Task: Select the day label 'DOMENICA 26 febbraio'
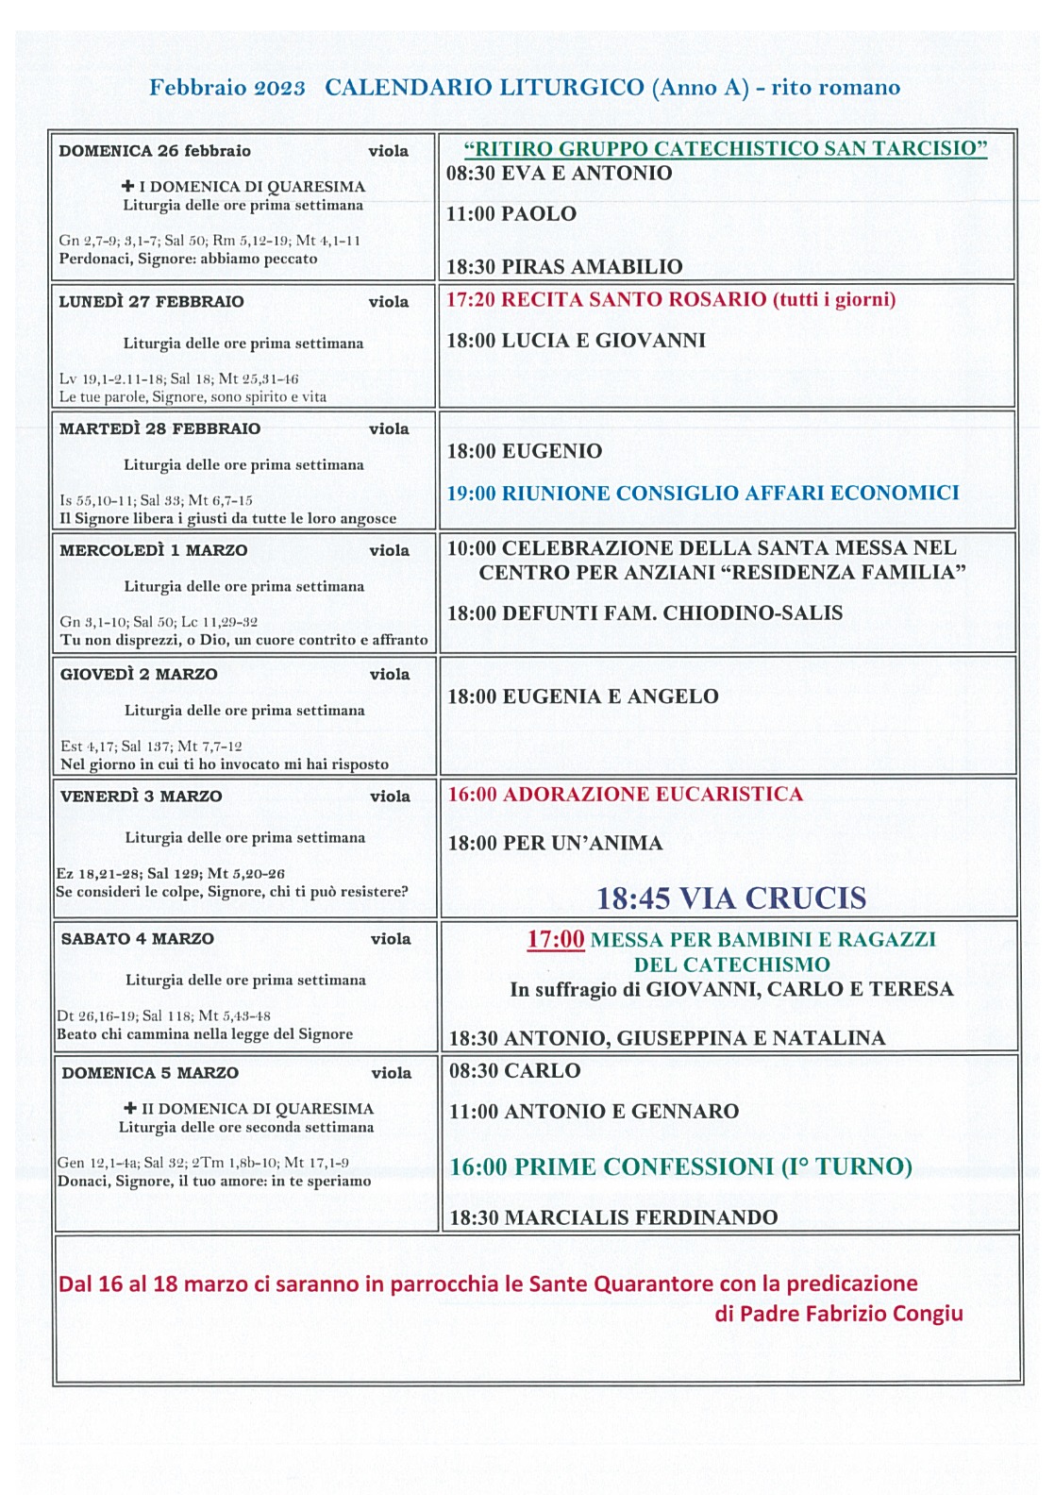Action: click(155, 151)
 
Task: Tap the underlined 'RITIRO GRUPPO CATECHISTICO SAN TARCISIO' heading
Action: click(725, 149)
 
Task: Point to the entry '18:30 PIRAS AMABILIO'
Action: click(564, 266)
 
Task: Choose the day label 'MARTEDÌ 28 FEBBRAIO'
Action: click(159, 428)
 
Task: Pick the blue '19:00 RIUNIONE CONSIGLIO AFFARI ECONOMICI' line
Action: click(702, 493)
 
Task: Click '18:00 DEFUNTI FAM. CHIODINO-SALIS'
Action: click(645, 613)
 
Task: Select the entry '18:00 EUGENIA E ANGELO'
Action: click(582, 696)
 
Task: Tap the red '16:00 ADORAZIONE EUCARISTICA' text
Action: click(625, 795)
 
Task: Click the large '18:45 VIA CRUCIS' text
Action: click(730, 898)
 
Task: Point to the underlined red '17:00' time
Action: click(555, 940)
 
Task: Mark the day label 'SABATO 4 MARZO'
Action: click(137, 939)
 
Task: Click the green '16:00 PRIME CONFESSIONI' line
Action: click(679, 1167)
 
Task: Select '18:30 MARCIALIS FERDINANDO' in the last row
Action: click(613, 1217)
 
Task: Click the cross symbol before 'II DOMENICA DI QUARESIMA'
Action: click(130, 1108)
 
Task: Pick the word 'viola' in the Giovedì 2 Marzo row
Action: click(390, 675)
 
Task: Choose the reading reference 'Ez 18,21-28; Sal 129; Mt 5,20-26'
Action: click(171, 874)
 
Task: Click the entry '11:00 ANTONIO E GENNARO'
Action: click(594, 1112)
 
